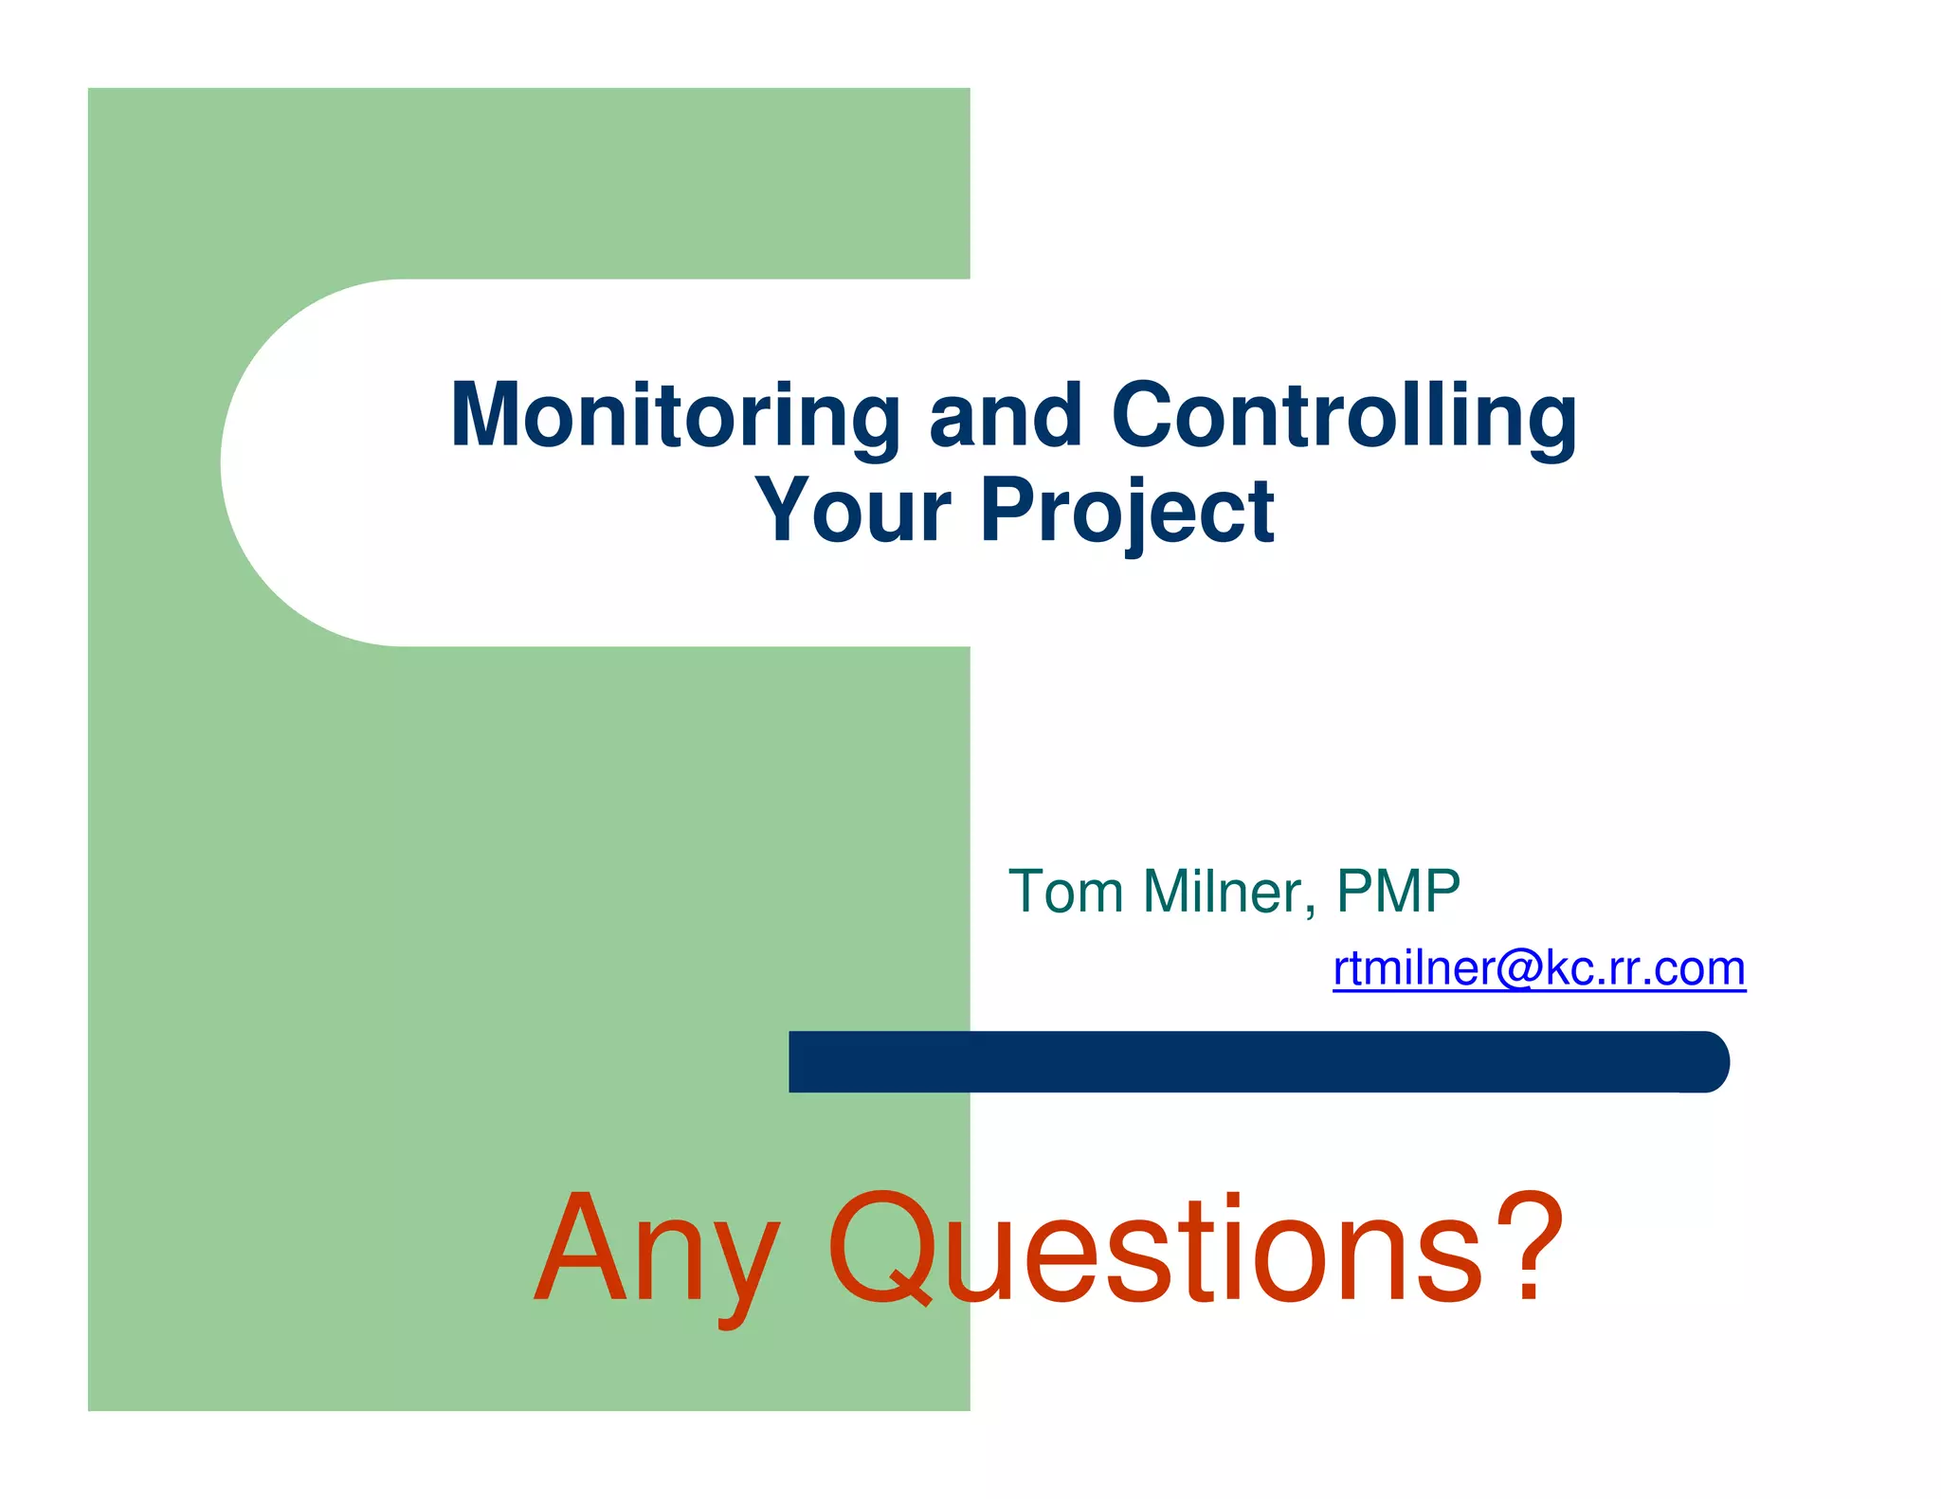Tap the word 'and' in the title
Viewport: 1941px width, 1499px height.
(1006, 417)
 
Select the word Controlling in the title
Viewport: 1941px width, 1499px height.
(1344, 417)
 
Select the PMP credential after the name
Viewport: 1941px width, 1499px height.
(1398, 892)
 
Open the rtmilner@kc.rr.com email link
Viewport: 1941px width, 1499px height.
(1538, 968)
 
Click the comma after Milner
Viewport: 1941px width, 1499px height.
(1310, 912)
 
